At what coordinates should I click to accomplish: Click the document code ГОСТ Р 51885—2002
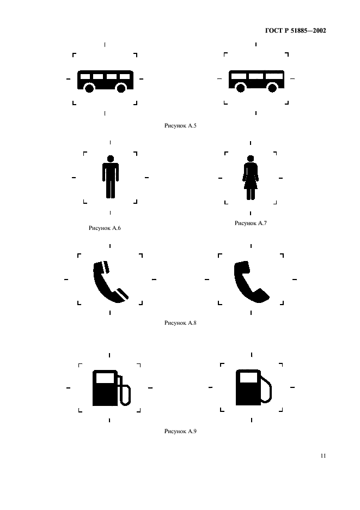click(x=296, y=31)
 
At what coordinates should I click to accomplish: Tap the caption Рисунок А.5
click(x=180, y=125)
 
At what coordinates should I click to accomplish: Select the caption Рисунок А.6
click(x=105, y=228)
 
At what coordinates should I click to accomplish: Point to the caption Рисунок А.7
click(x=251, y=223)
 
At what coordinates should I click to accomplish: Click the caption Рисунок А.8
click(x=180, y=323)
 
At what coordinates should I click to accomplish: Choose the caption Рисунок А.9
click(x=180, y=432)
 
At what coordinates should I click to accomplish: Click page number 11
click(x=323, y=456)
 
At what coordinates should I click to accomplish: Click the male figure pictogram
click(x=111, y=177)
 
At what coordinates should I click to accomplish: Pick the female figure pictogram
click(x=251, y=177)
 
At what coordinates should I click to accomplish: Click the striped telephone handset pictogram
click(x=111, y=282)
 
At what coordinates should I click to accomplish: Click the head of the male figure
click(x=111, y=159)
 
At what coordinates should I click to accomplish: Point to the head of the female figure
click(x=251, y=159)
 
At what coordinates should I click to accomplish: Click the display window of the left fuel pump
click(x=105, y=378)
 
